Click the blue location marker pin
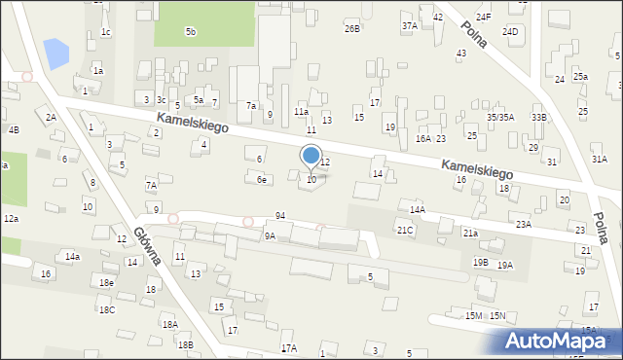(x=311, y=156)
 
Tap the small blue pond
(x=56, y=53)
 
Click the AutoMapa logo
(x=556, y=341)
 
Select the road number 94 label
(x=280, y=215)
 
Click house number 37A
(x=409, y=25)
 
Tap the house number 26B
(x=351, y=29)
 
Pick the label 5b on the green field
(x=191, y=32)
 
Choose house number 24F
(x=483, y=18)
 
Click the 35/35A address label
(x=500, y=117)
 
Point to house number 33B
(x=538, y=117)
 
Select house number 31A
(x=599, y=159)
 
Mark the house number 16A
(x=422, y=139)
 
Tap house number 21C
(x=404, y=230)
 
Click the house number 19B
(x=480, y=262)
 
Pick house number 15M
(x=473, y=315)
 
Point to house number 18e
(x=106, y=282)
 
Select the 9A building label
(x=270, y=235)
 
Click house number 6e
(x=261, y=179)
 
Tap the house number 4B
(x=13, y=129)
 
